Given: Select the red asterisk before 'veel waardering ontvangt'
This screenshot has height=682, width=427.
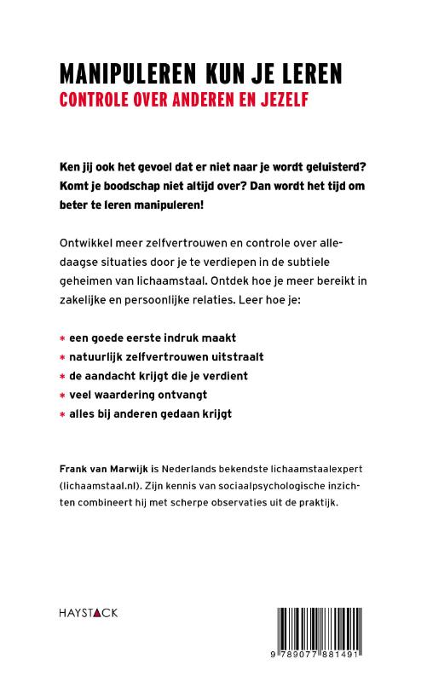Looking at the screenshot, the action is pyautogui.click(x=61, y=395).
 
